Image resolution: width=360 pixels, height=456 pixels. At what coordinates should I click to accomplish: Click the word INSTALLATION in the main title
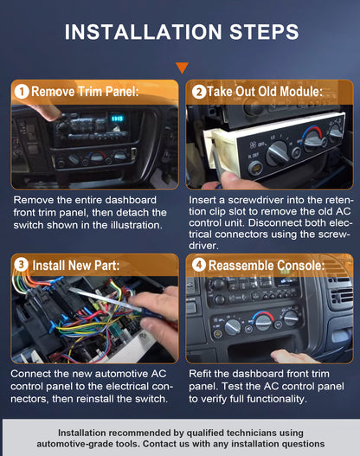(143, 32)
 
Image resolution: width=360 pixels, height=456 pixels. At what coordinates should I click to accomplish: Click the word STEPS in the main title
(264, 32)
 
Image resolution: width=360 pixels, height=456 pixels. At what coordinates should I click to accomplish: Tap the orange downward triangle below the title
(182, 67)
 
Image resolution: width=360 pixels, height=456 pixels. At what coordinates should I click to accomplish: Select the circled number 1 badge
(22, 92)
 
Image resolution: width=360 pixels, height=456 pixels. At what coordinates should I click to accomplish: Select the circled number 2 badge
(199, 92)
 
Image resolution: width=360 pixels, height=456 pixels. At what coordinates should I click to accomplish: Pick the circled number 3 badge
(22, 265)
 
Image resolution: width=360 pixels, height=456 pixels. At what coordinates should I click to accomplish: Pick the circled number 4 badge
(199, 265)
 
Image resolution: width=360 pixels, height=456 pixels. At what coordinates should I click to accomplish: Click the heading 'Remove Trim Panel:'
(85, 92)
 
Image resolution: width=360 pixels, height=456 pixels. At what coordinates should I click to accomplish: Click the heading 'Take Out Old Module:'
(265, 92)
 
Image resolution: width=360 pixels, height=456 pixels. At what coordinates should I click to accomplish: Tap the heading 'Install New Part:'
(76, 266)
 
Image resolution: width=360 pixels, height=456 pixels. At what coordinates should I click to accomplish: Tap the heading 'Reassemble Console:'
(267, 266)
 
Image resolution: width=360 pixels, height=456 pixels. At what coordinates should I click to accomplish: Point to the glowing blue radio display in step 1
(117, 119)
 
